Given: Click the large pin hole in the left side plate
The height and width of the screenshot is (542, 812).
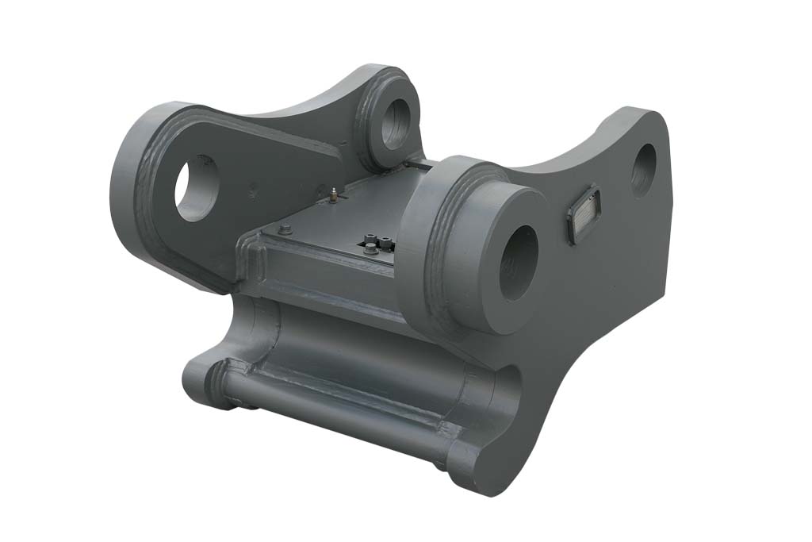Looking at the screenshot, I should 196,187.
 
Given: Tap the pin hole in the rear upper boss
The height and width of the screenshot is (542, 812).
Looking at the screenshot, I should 393,124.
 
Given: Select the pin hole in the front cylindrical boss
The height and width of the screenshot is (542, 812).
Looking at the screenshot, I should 518,261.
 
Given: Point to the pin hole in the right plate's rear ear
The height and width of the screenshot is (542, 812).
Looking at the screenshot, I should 643,170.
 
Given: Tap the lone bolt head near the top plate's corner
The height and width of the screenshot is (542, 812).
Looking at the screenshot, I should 285,230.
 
